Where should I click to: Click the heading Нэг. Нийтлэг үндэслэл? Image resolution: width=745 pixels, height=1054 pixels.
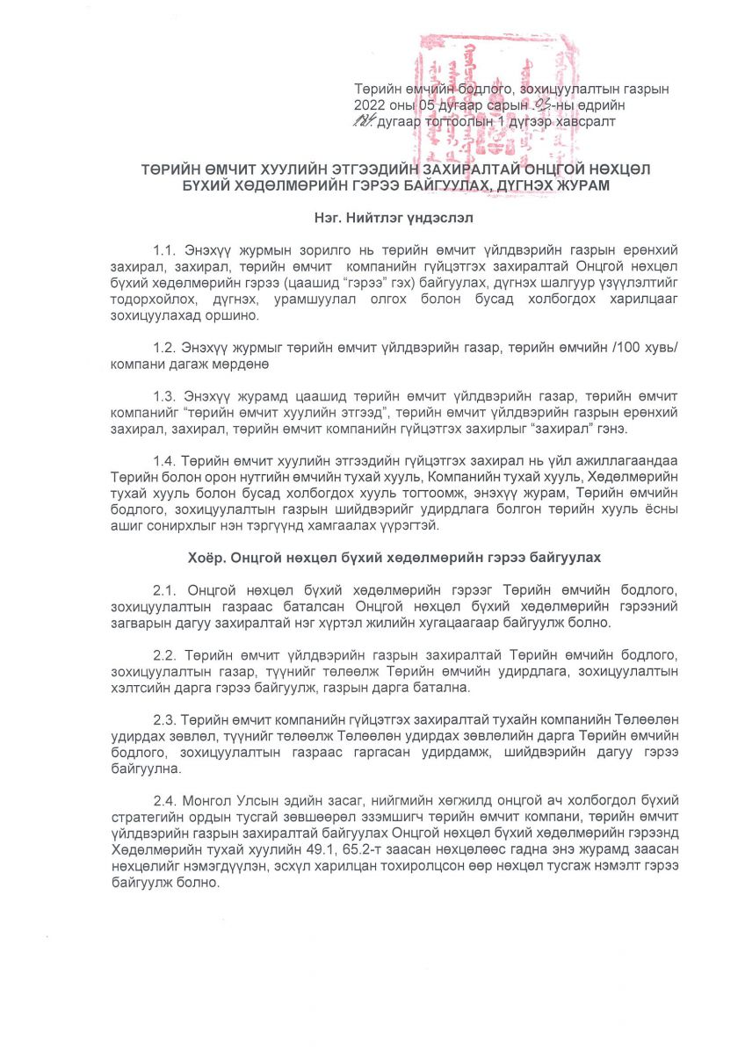click(372, 214)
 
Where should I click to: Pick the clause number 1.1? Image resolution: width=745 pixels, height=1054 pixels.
click(164, 250)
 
